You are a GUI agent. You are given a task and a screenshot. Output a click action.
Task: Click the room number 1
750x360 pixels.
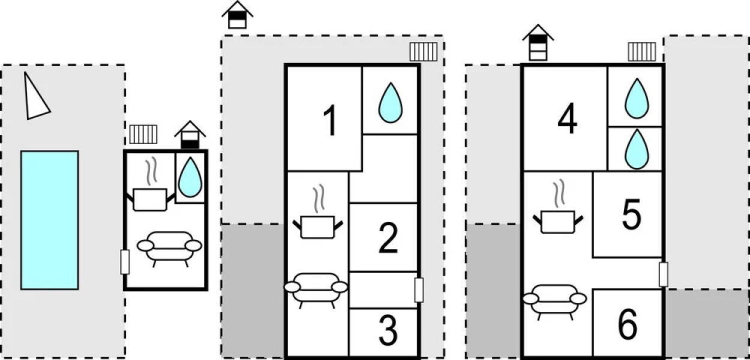pos(329,120)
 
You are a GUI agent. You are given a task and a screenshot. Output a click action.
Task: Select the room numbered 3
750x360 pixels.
pos(388,329)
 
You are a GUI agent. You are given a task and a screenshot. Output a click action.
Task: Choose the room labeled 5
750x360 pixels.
pos(631,215)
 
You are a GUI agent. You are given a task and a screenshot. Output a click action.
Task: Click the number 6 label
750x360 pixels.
pos(627,325)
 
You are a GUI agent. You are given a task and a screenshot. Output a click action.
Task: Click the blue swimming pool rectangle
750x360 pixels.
pos(49,220)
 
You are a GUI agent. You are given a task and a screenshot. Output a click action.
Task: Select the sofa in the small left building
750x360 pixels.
pos(169,247)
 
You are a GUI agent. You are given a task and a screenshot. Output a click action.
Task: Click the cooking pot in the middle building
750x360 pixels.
pos(318,224)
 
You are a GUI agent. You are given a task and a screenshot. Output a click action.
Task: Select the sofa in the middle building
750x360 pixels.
pos(316,289)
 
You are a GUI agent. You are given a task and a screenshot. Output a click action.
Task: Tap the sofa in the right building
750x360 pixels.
pos(554,298)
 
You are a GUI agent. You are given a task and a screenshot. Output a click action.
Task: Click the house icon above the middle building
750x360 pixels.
pos(237,14)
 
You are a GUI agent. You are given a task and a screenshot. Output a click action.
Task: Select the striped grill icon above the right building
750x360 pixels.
pos(641,52)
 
